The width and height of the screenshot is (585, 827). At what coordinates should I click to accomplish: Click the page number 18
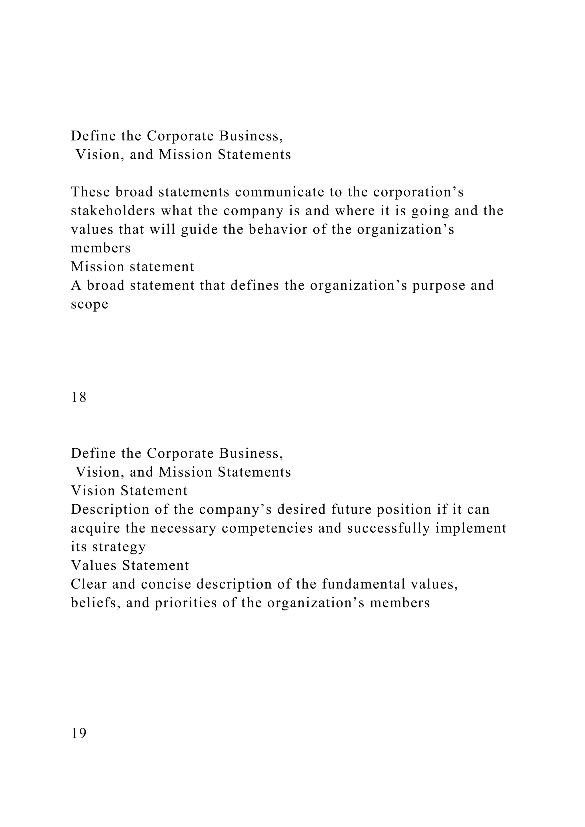[x=79, y=397]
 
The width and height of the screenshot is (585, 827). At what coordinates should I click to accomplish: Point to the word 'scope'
[x=89, y=304]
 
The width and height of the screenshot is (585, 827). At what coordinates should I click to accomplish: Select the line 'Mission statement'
[x=133, y=267]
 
